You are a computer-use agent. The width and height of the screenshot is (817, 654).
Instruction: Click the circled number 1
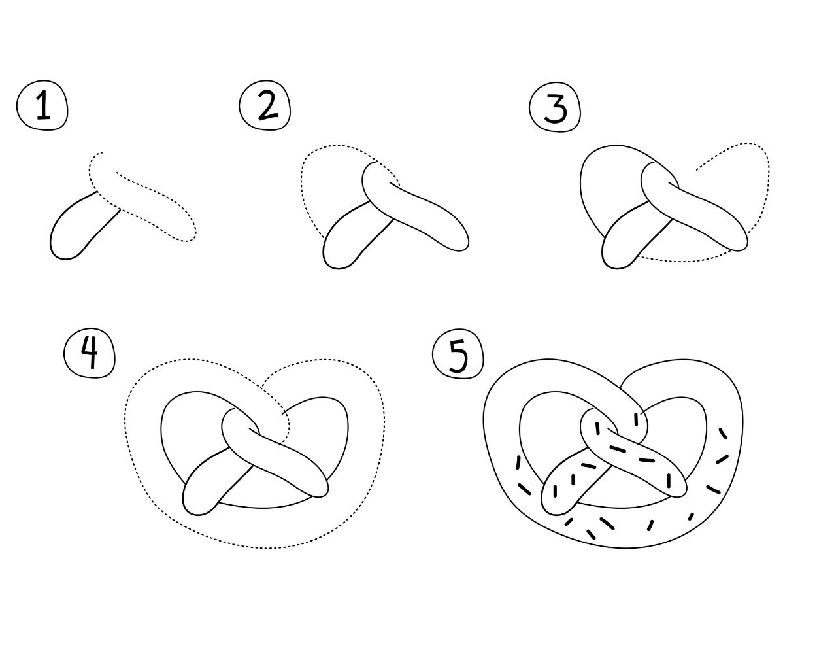42,105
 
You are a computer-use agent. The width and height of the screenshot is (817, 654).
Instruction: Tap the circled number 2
265,105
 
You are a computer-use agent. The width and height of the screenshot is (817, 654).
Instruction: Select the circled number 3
555,107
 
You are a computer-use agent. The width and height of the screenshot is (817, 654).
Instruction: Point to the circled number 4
90,353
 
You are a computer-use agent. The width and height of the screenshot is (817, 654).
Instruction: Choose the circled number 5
458,354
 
